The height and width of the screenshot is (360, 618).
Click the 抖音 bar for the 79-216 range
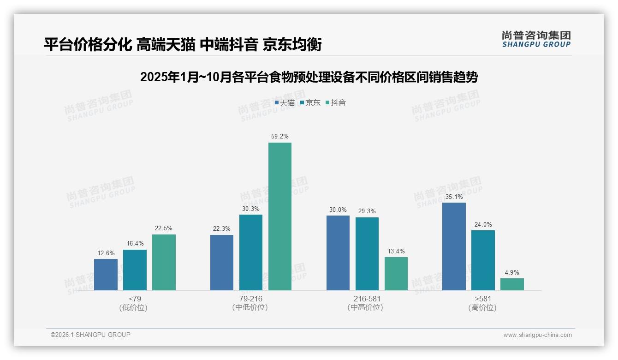coord(280,216)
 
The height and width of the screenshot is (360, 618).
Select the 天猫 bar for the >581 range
coord(454,246)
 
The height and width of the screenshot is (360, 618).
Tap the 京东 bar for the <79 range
coord(135,270)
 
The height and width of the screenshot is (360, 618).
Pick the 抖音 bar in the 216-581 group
coord(396,274)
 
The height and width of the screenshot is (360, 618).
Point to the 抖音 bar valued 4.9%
coord(512,284)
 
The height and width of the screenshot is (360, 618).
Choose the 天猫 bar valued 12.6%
coord(106,275)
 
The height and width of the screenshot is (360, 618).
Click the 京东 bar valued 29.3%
coord(367,254)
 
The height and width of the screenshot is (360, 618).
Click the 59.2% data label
coord(280,137)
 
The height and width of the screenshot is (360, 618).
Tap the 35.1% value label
coord(454,197)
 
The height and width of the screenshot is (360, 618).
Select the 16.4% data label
coord(135,244)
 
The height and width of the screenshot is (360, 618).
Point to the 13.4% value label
coord(396,252)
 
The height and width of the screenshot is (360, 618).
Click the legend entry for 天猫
coord(285,103)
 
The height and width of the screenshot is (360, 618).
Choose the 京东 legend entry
coord(310,103)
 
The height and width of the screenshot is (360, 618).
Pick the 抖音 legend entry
coord(336,103)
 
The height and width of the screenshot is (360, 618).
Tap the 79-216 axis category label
coord(250,299)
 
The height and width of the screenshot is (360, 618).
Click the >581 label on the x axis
coord(482,299)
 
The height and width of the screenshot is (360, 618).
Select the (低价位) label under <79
coord(134,308)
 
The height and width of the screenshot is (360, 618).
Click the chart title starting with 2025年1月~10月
coord(309,77)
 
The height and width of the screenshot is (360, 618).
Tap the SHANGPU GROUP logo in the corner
coord(536,39)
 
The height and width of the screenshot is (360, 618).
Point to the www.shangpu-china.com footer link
coord(537,335)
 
